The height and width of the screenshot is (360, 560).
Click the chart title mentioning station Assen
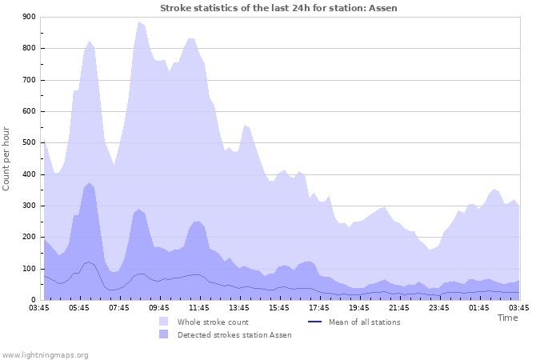point(278,8)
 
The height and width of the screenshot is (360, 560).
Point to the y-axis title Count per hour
point(7,158)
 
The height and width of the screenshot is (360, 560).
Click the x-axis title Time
point(507,318)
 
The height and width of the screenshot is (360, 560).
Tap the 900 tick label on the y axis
point(28,17)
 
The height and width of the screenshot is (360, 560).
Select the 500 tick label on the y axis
point(28,143)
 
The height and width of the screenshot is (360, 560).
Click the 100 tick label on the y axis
point(28,269)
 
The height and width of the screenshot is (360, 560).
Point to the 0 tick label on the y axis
point(33,300)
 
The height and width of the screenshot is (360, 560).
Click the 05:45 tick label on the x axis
point(84,307)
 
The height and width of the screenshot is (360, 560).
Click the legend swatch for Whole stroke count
point(163,322)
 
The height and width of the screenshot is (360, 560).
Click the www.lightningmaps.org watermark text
point(45,354)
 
